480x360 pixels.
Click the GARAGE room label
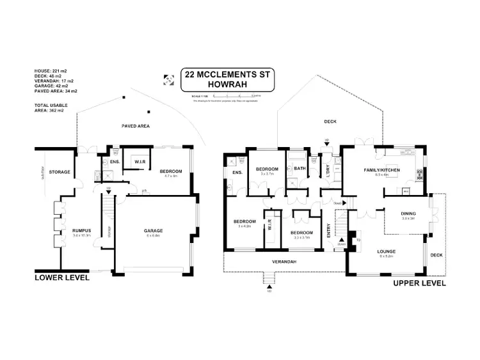[153, 230]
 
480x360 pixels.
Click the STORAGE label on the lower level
[59, 171]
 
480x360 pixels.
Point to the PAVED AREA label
[136, 127]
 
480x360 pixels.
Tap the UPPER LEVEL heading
[419, 282]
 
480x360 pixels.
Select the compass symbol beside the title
[168, 80]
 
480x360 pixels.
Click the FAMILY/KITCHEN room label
[381, 171]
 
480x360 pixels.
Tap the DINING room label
[409, 214]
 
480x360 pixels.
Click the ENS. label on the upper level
[236, 173]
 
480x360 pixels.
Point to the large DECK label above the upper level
[330, 121]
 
